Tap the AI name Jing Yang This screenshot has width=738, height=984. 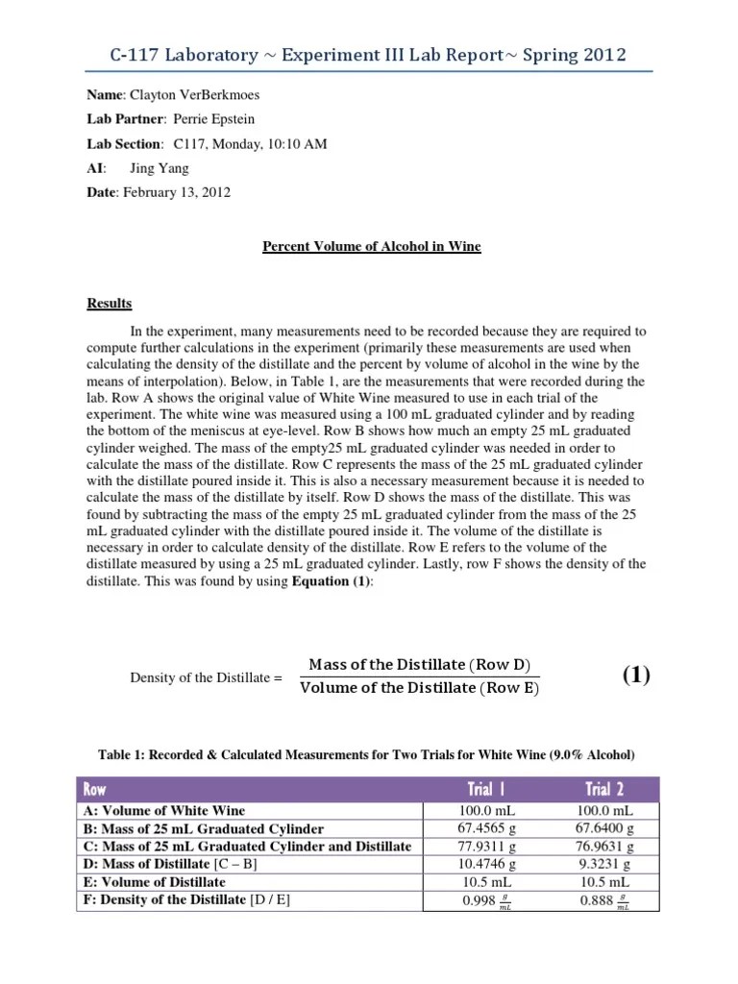tap(159, 168)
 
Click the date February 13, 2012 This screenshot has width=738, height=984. tap(175, 192)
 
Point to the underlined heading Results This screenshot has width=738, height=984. tap(110, 304)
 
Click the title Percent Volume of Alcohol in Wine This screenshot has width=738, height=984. tap(372, 247)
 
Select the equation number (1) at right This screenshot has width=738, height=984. tap(635, 675)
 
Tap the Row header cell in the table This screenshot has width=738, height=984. tap(95, 789)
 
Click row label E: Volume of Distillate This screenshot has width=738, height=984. tap(156, 881)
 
